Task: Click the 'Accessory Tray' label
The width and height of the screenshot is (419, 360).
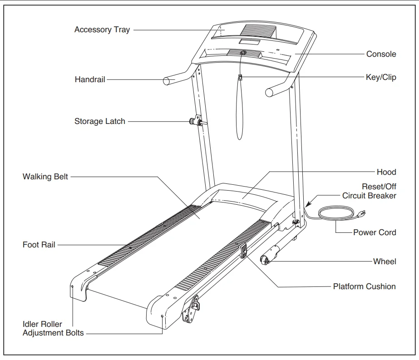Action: click(x=102, y=30)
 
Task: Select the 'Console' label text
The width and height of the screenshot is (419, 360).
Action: click(x=381, y=54)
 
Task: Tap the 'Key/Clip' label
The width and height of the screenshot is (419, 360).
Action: click(x=380, y=77)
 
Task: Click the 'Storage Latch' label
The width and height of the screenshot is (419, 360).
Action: click(x=99, y=121)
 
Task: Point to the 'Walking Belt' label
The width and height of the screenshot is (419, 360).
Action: click(x=45, y=176)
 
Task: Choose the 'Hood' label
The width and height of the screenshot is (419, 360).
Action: click(x=386, y=172)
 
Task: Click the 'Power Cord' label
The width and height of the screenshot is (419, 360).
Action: click(x=374, y=232)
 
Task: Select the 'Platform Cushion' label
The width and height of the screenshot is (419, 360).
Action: click(x=364, y=286)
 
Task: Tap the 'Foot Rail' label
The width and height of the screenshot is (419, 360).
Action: click(x=39, y=245)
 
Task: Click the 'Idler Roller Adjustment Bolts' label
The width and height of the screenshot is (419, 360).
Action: click(x=53, y=329)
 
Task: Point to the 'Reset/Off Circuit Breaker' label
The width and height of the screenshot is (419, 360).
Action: click(x=369, y=191)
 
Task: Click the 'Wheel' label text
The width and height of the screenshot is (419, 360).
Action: click(x=384, y=261)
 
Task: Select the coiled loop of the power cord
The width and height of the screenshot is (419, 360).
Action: click(x=336, y=213)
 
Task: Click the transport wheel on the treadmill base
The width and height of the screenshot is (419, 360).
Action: click(x=264, y=260)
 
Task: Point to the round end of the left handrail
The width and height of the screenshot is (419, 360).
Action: click(x=167, y=82)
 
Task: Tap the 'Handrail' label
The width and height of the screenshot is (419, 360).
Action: click(x=90, y=79)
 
